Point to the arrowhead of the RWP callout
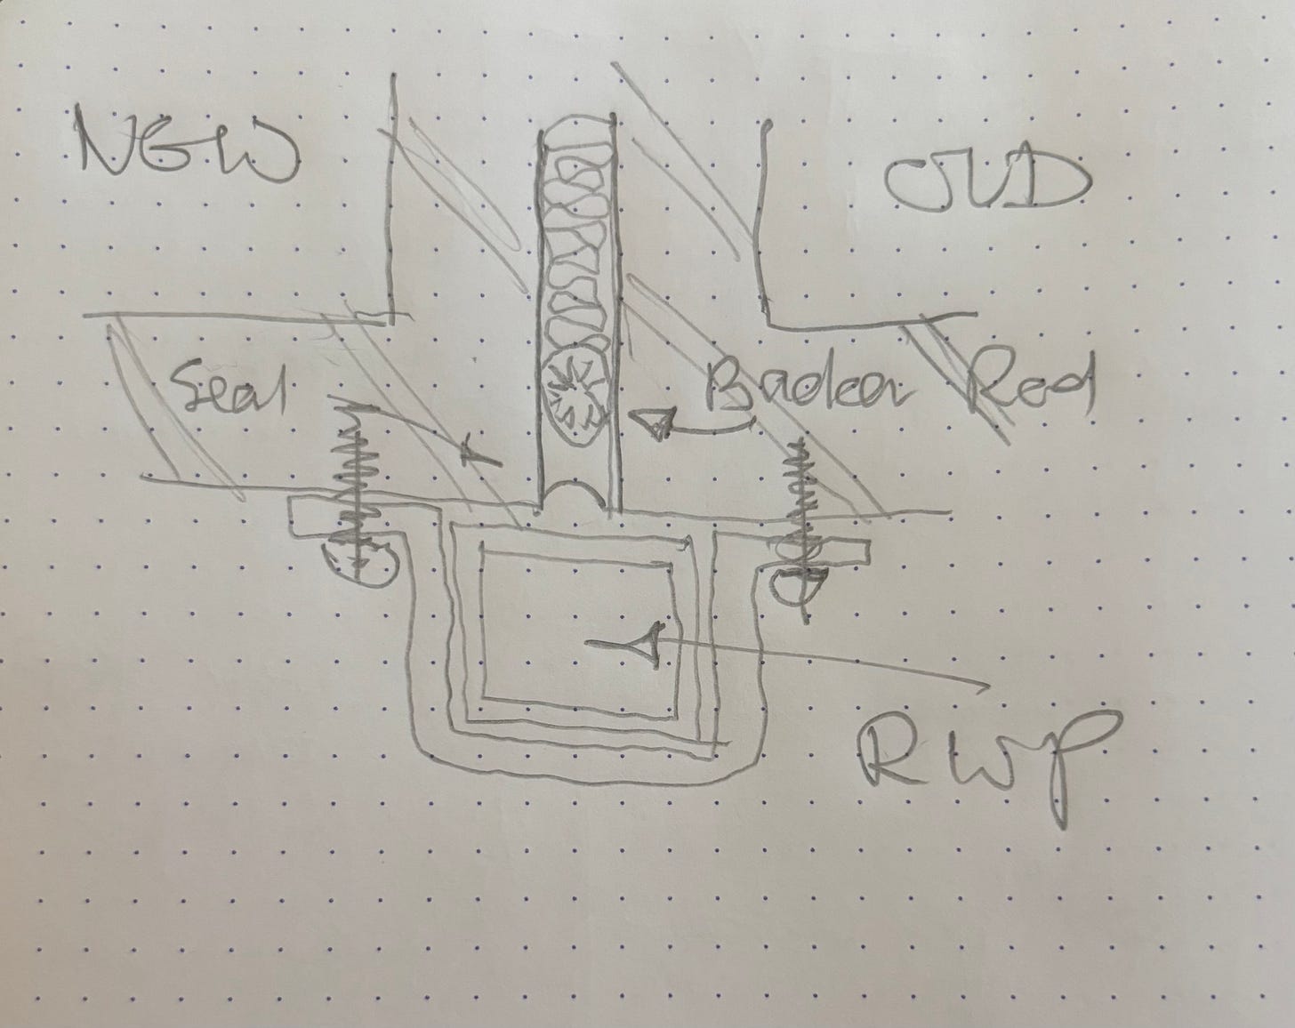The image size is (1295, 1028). pyautogui.click(x=647, y=643)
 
